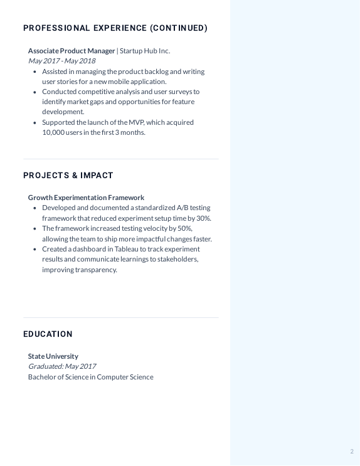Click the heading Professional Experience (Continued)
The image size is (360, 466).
(x=115, y=28)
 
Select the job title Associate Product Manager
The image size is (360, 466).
(x=71, y=51)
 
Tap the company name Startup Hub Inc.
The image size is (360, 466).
(x=145, y=51)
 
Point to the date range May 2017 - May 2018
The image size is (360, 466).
(x=61, y=61)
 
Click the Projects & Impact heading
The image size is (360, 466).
(x=68, y=176)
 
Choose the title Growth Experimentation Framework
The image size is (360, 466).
(x=86, y=198)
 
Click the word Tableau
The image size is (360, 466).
(x=127, y=249)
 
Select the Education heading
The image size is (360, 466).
(x=48, y=334)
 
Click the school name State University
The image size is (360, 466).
(x=53, y=356)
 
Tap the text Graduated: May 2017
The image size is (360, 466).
(x=61, y=366)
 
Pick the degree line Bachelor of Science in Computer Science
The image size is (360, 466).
(x=90, y=377)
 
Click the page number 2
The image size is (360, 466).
(x=352, y=452)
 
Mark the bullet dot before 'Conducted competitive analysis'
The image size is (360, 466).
(x=34, y=92)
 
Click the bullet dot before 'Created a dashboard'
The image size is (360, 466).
(x=34, y=249)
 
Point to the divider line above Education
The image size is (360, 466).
(x=120, y=317)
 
